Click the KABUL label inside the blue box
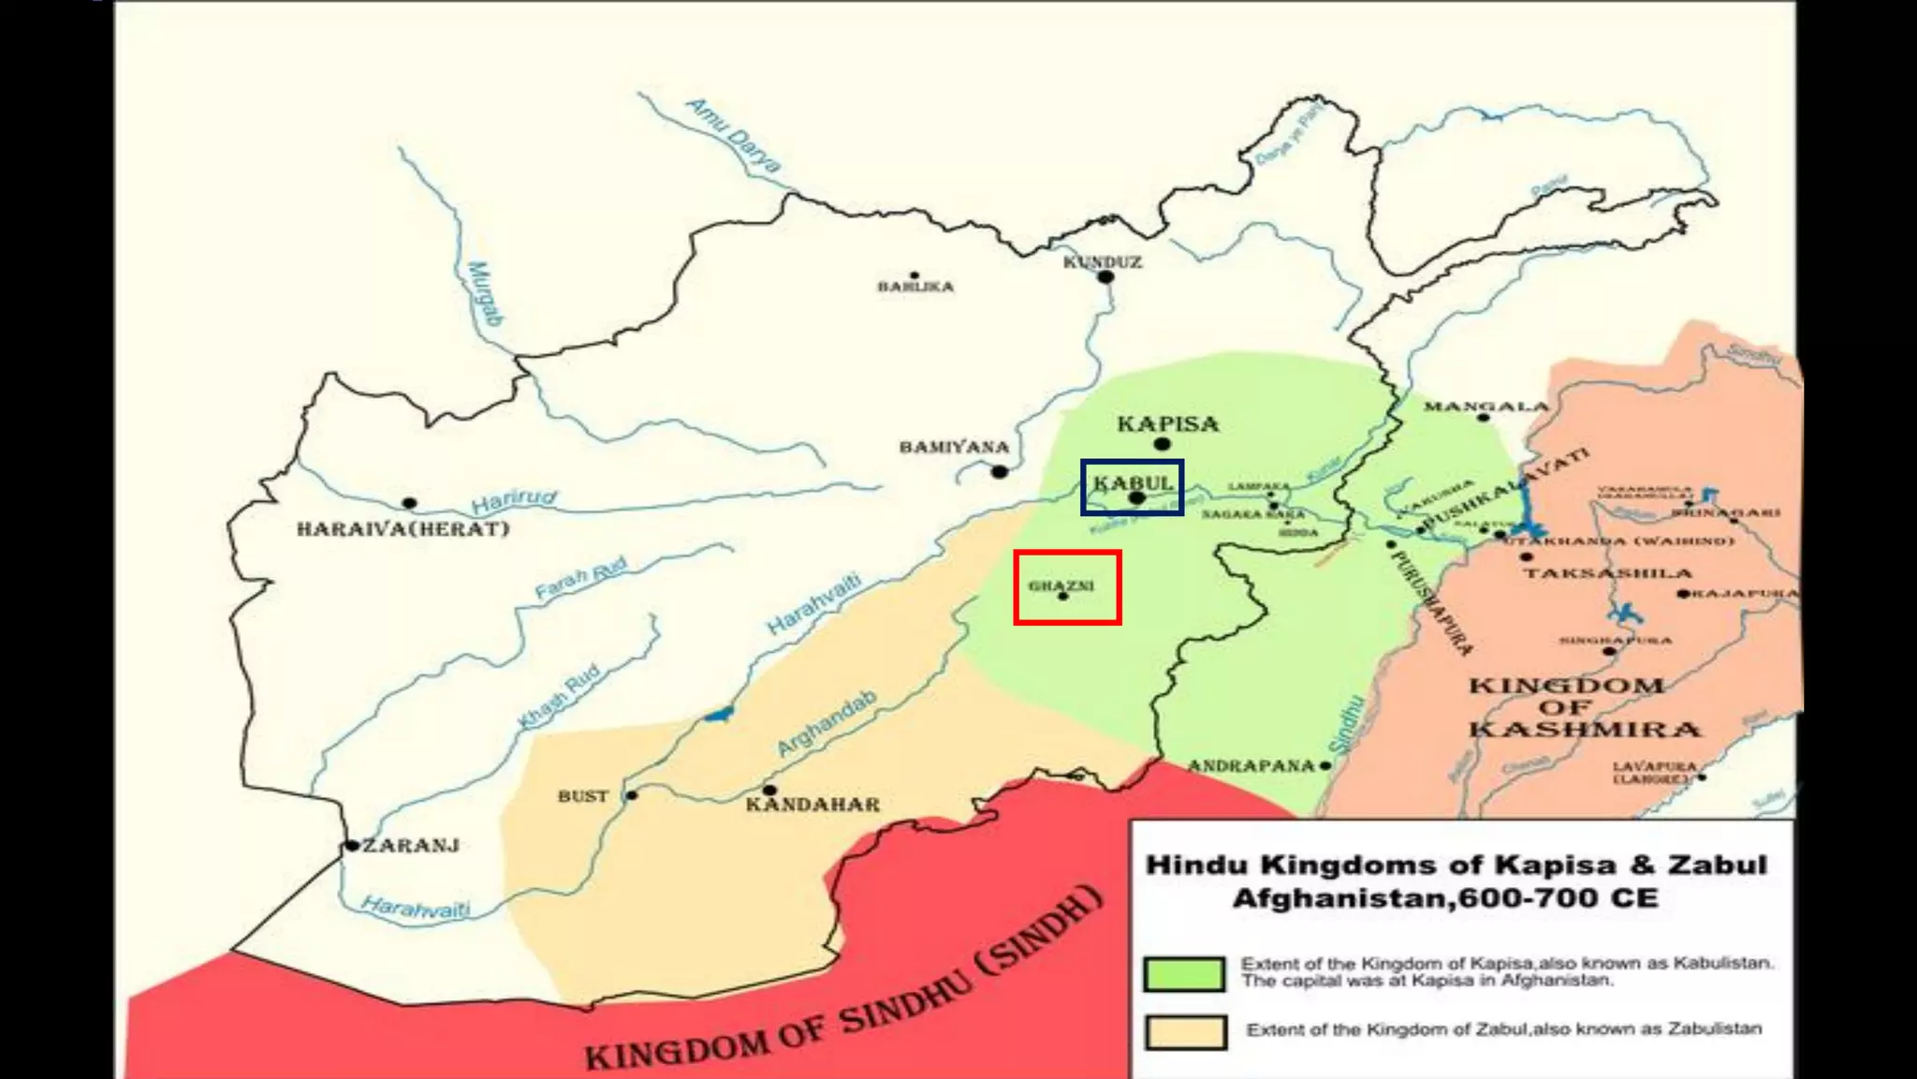(x=1133, y=483)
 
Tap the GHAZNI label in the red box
(x=1061, y=585)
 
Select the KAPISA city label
(x=1167, y=424)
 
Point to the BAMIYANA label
(x=954, y=447)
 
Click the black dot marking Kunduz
(x=1105, y=277)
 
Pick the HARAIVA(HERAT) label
(x=402, y=529)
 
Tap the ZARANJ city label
(x=411, y=846)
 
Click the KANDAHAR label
(x=812, y=805)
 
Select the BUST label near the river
(x=582, y=796)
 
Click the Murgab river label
(x=484, y=293)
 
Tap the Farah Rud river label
(x=580, y=578)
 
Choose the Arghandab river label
(x=827, y=723)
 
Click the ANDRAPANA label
(x=1251, y=766)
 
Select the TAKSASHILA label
(x=1607, y=572)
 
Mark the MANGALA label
(x=1485, y=406)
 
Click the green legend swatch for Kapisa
(x=1184, y=974)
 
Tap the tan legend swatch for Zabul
(x=1186, y=1032)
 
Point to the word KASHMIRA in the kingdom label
(x=1583, y=730)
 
